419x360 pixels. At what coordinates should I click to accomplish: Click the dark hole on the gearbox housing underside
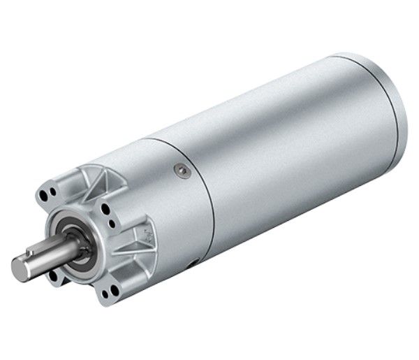coord(192,265)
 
